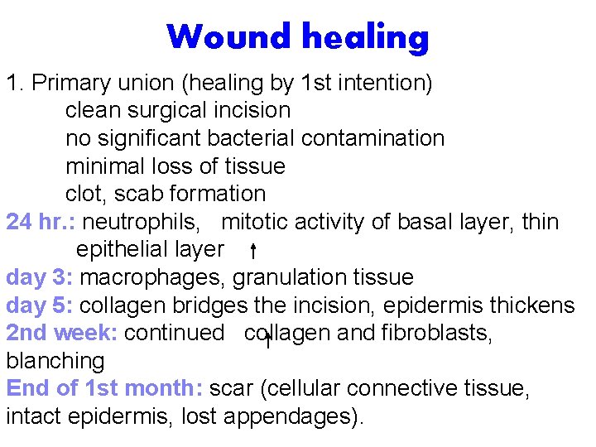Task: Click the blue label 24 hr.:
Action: [x=41, y=222]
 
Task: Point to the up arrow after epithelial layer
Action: [x=252, y=250]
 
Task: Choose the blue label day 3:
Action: [x=41, y=277]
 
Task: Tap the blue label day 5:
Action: [x=40, y=305]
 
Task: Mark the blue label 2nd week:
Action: [x=63, y=333]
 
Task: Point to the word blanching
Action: [x=55, y=361]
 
